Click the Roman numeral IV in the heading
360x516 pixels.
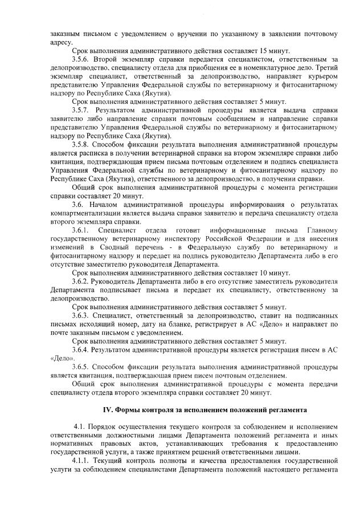click(107, 409)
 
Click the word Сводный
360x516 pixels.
click(113, 247)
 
